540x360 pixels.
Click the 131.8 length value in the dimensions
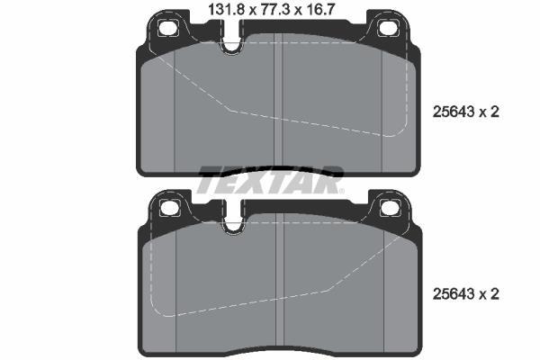226,9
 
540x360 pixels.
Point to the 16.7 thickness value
319,9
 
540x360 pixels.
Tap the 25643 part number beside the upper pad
453,112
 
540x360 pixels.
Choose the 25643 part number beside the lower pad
453,294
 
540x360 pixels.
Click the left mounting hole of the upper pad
168,28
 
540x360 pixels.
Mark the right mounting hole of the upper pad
389,28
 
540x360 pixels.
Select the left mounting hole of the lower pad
170,208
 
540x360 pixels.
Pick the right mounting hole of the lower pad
391,208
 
